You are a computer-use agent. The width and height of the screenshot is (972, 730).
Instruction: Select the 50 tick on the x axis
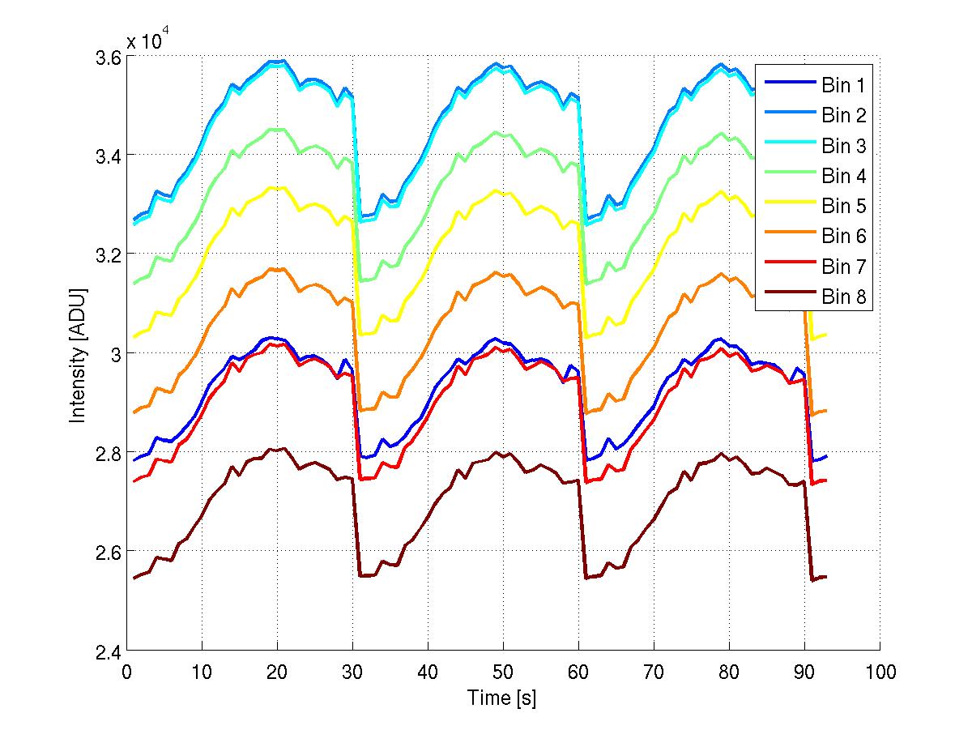[x=503, y=672]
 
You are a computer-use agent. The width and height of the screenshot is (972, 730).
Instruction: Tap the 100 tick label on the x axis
[x=880, y=672]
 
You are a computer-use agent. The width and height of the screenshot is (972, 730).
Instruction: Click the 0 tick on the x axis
[x=126, y=672]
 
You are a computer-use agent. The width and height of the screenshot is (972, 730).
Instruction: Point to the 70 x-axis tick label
[x=654, y=672]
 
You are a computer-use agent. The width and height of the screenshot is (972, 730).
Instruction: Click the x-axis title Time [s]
[x=502, y=698]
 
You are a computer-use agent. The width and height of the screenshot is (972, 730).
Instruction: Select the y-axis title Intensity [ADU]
[x=79, y=354]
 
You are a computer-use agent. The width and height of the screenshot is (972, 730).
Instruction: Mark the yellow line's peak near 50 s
[x=496, y=190]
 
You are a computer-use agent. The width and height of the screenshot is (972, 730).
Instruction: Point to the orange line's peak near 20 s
[x=277, y=269]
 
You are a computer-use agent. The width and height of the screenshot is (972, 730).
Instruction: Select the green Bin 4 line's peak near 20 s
[x=277, y=129]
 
